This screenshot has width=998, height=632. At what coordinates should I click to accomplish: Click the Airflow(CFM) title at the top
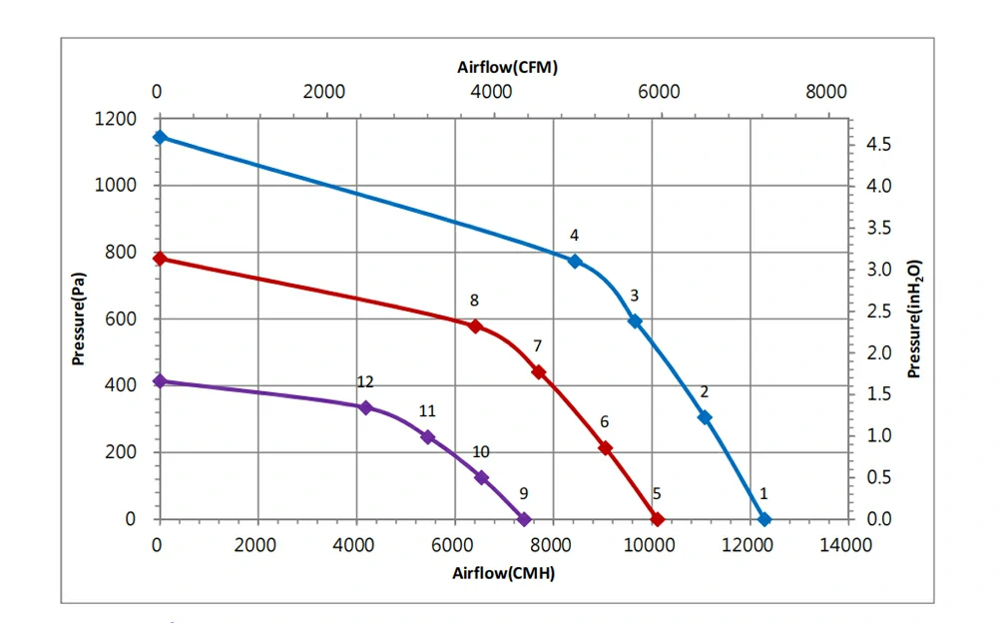507,68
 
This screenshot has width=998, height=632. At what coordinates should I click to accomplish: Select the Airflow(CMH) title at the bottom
503,573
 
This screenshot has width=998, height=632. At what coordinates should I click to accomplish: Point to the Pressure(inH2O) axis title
914,318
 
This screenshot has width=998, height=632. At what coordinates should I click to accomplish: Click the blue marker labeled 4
574,262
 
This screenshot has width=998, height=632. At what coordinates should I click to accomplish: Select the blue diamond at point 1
764,519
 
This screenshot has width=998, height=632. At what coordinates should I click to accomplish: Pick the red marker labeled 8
475,326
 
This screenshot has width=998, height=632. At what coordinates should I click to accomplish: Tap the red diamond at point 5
657,519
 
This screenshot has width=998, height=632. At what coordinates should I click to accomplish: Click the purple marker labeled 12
365,407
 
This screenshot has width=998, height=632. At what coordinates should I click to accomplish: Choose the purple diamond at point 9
524,519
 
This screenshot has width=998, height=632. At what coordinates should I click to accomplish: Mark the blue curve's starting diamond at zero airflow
159,137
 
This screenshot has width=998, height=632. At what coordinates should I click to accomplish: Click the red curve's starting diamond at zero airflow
159,259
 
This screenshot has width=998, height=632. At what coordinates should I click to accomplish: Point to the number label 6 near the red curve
604,422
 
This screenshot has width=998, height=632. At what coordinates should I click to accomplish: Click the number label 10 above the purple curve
481,452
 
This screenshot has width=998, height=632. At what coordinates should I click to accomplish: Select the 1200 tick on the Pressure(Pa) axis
117,120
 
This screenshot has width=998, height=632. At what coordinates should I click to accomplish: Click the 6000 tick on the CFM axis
658,93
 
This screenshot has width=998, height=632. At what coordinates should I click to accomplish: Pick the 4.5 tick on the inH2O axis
878,145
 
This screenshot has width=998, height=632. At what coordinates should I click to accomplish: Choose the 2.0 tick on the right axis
878,352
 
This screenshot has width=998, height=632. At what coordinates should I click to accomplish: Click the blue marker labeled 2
705,417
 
